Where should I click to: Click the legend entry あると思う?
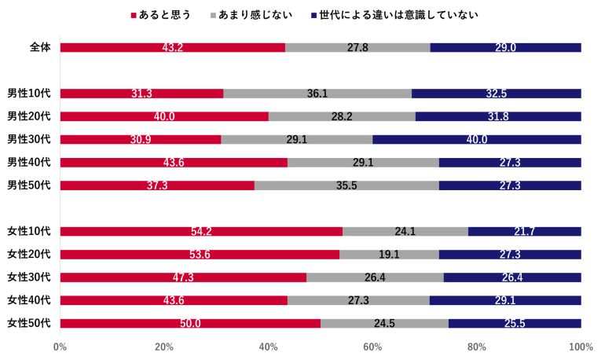coord(165,15)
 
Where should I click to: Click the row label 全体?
coord(40,47)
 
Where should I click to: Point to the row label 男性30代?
coord(29,140)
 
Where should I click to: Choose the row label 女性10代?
coord(29,231)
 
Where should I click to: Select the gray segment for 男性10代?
coord(317,94)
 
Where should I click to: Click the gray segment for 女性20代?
coord(389,255)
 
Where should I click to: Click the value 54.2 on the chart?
coord(201,232)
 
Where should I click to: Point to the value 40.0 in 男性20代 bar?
coord(163,117)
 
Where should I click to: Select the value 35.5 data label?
coord(346,186)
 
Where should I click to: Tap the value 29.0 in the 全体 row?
coord(505,48)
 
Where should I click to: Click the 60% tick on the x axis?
coord(372,347)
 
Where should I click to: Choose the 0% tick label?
coord(60,347)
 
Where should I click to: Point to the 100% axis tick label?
coord(581,347)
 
